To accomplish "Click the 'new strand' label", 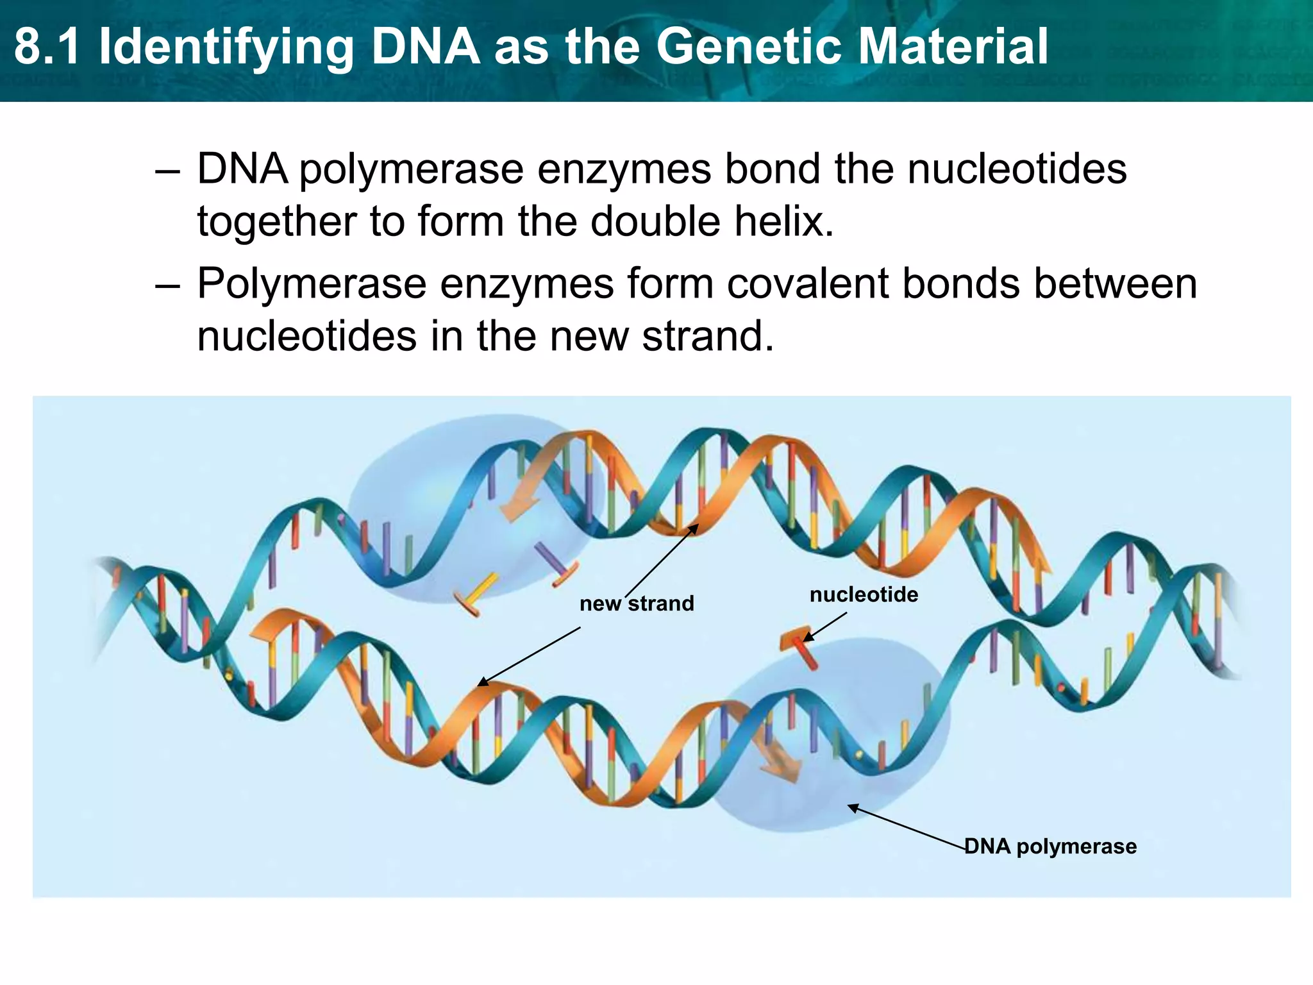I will click(x=637, y=603).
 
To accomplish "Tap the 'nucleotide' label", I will click(x=864, y=594).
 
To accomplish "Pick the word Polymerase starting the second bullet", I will click(x=312, y=283).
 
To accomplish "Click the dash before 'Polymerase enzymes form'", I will click(x=167, y=285).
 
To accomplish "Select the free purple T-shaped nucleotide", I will click(x=556, y=564).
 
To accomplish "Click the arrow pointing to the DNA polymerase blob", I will click(x=907, y=827).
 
